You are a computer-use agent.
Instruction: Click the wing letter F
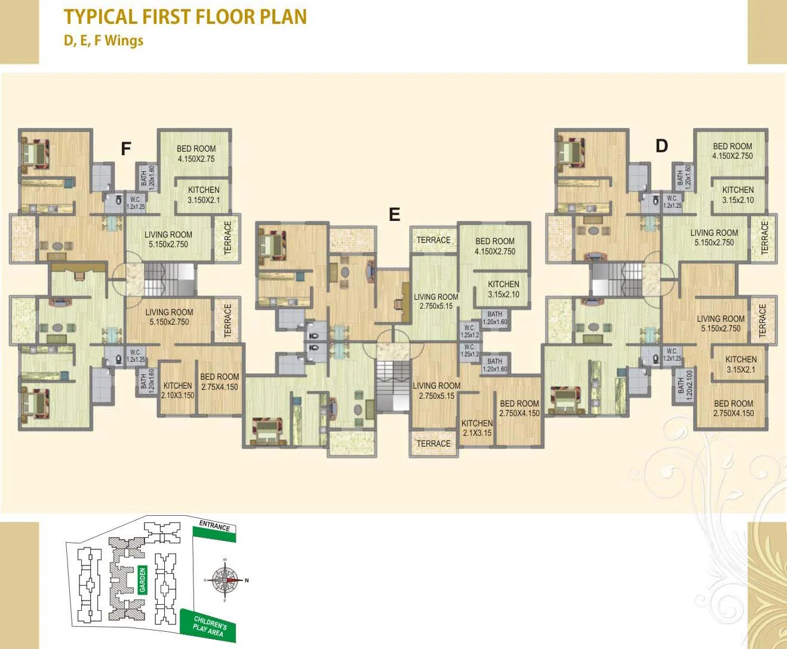125,149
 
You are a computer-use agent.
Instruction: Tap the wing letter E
394,214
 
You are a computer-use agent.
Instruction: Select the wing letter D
662,146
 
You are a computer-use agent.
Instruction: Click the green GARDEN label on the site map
142,580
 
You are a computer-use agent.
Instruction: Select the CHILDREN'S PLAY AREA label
209,626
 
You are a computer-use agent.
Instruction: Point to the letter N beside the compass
247,580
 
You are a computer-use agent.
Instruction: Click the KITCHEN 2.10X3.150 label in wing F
178,390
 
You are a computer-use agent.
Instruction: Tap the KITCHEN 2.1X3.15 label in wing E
476,428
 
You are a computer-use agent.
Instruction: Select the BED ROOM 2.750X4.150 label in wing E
519,408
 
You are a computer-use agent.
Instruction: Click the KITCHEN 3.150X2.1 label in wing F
204,195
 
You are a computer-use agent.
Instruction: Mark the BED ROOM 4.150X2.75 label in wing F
196,153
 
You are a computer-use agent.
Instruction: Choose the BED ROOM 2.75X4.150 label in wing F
219,382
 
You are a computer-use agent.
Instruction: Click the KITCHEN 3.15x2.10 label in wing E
503,289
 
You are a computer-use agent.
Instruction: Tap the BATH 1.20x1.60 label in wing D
684,177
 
